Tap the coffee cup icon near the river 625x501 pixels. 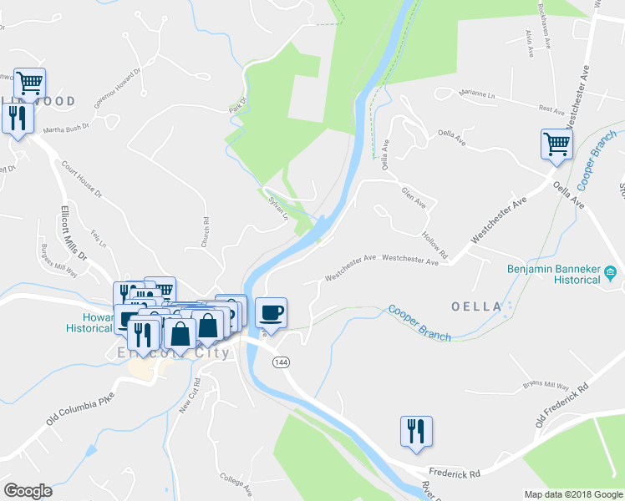pyautogui.click(x=271, y=313)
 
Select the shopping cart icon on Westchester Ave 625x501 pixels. pyautogui.click(x=556, y=144)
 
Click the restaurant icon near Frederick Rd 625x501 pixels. pyautogui.click(x=416, y=431)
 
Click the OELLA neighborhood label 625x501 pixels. pyautogui.click(x=476, y=306)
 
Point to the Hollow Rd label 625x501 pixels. pyautogui.click(x=436, y=244)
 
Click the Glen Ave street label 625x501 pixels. pyautogui.click(x=414, y=199)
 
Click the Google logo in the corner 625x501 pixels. pyautogui.click(x=28, y=491)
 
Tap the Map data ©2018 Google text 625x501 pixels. pyautogui.click(x=573, y=494)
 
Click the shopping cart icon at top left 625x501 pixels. pyautogui.click(x=30, y=82)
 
